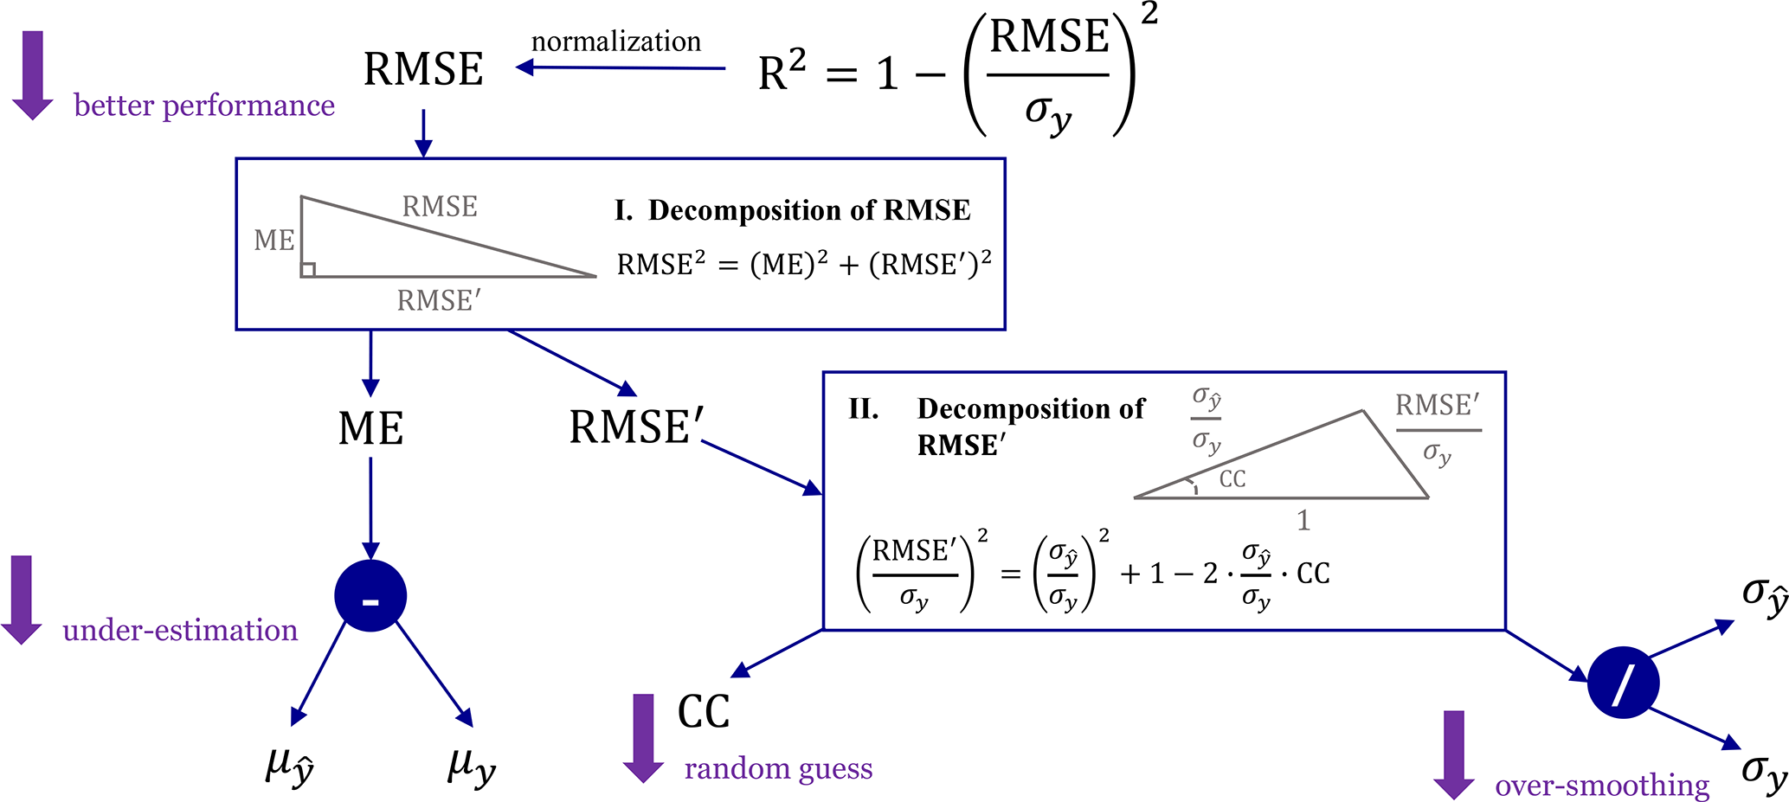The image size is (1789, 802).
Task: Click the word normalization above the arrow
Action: pos(615,42)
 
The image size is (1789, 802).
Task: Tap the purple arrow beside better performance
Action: pos(33,74)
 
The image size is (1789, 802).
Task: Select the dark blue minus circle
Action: pos(370,596)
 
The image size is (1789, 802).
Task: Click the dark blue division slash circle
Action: pos(1623,683)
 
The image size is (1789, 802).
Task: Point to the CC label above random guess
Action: pos(704,712)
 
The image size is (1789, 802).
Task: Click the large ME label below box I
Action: pos(370,428)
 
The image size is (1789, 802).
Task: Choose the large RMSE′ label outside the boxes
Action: pos(636,427)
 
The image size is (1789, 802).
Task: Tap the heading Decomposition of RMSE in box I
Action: pos(809,210)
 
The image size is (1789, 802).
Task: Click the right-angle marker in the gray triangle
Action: pos(308,270)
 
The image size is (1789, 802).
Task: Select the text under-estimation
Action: pos(180,630)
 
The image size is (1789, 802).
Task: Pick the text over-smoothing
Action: pos(1602,785)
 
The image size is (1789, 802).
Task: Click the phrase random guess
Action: pos(778,768)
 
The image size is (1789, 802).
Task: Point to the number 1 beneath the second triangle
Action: pos(1303,520)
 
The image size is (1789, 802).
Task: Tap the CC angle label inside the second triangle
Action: pos(1232,478)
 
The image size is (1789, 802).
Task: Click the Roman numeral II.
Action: pos(864,408)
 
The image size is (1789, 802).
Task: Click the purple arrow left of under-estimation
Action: pos(22,600)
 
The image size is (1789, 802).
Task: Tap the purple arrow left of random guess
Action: pos(643,738)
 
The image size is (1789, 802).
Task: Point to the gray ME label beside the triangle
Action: pos(274,240)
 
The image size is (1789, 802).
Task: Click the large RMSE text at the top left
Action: pos(423,69)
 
